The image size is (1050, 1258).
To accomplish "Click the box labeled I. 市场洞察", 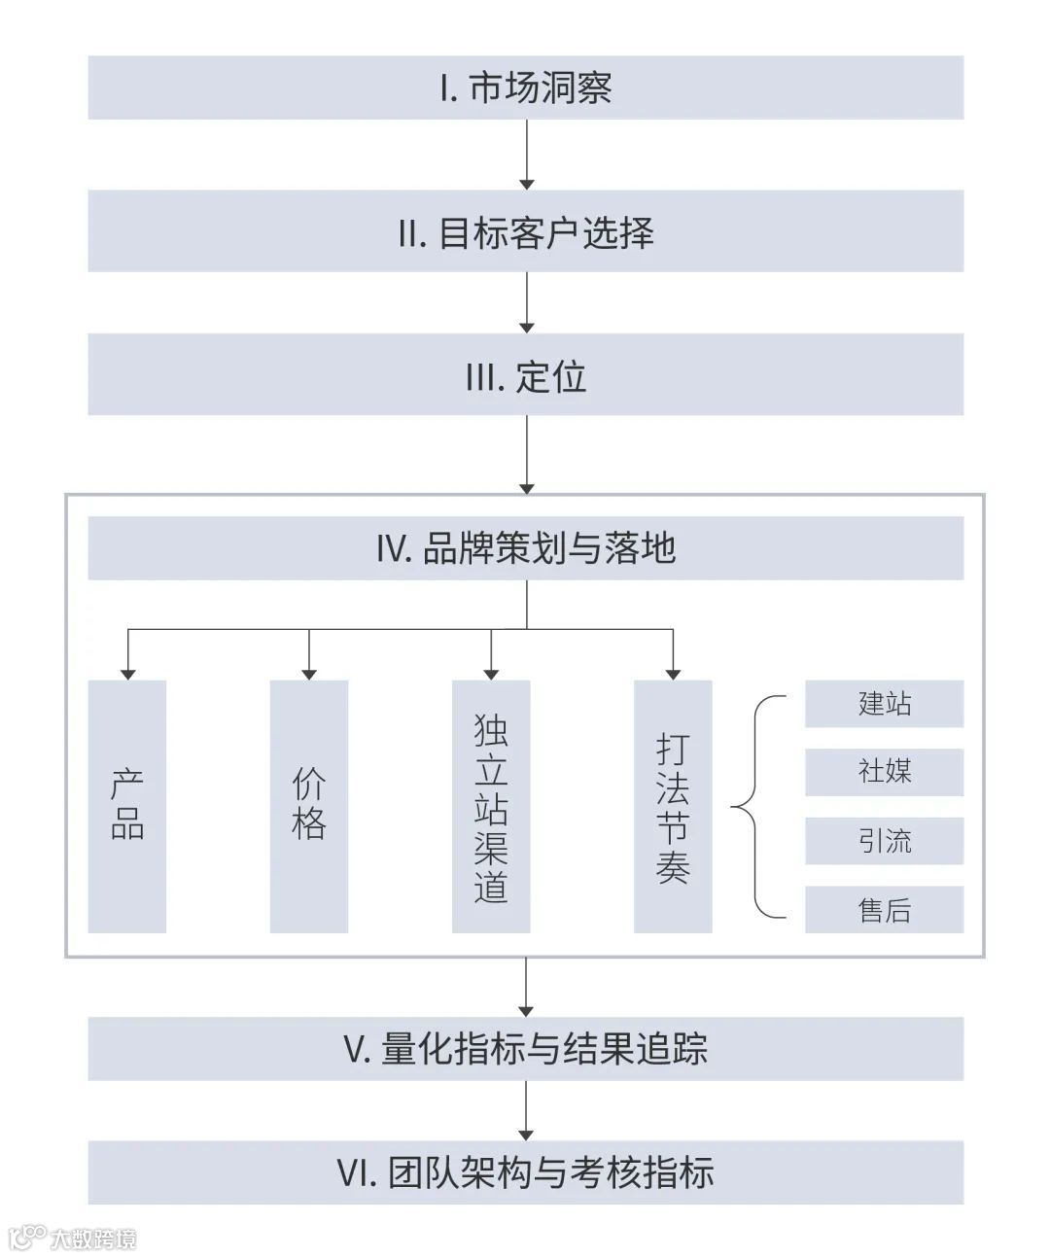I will pos(525,87).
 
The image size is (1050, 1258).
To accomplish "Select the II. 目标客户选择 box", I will pos(525,231).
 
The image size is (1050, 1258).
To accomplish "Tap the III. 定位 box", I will pos(525,375).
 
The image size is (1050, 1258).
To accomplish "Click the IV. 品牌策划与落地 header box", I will pos(525,548).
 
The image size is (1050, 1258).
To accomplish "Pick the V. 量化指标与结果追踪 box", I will pos(525,1049).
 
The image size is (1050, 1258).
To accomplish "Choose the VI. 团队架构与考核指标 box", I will pos(525,1172).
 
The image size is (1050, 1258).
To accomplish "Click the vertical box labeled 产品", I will pos(127,806).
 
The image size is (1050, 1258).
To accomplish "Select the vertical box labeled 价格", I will pos(309,806).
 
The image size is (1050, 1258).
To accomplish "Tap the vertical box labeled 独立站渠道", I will pos(491,806).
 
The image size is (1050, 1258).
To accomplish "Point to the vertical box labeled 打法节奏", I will pos(673,806).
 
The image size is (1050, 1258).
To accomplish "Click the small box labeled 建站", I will pos(884,704).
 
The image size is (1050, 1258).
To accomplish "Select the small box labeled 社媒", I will pos(884,772).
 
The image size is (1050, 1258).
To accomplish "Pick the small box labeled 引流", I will pos(884,841).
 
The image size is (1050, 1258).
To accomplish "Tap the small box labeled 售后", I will pos(884,910).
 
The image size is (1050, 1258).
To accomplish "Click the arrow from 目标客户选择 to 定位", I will pos(526,302).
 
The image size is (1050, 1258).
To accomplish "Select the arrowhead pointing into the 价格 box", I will pos(309,673).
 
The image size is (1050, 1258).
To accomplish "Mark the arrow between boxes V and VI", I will pos(526,1110).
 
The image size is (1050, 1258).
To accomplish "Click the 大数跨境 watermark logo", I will pos(73,1238).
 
